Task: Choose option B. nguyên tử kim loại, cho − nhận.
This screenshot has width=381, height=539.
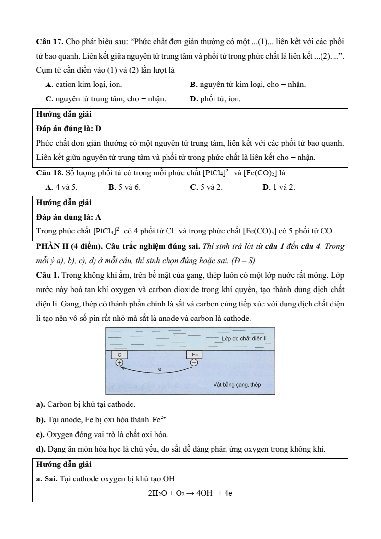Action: [248, 85]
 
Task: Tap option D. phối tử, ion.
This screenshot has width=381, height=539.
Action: [215, 99]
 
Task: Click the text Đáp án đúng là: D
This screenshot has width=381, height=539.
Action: [69, 129]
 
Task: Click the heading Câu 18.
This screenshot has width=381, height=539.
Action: [49, 172]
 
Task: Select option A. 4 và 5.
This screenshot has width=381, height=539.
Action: [60, 186]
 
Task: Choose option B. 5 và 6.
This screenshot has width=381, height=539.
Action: [124, 186]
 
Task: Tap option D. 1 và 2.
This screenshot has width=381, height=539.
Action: [279, 186]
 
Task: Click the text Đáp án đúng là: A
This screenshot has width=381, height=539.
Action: [69, 217]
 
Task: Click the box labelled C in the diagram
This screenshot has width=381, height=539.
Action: [119, 355]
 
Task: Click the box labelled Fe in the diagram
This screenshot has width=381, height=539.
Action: [195, 355]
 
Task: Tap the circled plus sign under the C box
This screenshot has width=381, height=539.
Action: [119, 363]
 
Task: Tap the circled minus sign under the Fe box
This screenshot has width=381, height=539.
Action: [194, 363]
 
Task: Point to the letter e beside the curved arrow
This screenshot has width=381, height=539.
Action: [160, 369]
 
